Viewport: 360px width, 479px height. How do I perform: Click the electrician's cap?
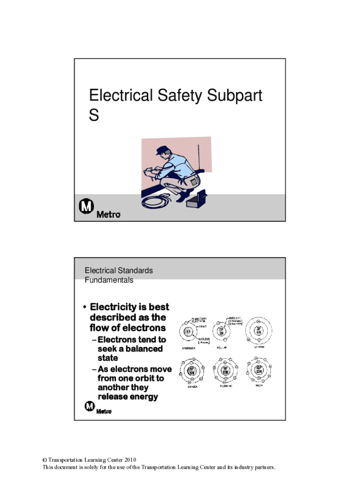(x=162, y=150)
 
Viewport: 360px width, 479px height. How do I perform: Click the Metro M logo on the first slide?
(x=86, y=206)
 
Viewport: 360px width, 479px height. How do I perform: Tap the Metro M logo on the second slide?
(x=89, y=406)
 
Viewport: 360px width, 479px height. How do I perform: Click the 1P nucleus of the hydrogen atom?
(x=188, y=333)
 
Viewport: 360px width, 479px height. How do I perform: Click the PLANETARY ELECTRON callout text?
(x=197, y=320)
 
